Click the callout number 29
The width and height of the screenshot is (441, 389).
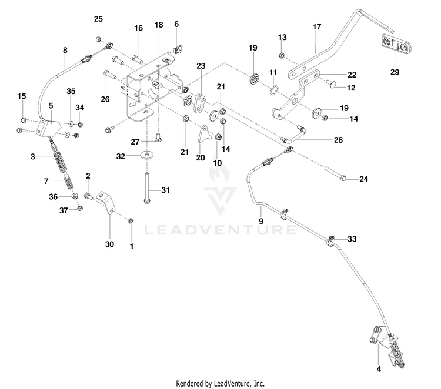click(395, 72)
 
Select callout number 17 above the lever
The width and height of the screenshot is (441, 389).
click(317, 26)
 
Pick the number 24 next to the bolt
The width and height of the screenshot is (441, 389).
click(363, 179)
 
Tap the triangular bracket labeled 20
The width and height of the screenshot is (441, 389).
click(203, 135)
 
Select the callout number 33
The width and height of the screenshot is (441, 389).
click(352, 239)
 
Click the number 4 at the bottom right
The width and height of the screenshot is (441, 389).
click(379, 369)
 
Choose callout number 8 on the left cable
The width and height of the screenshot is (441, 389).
click(65, 51)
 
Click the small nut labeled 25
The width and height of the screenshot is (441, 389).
click(98, 38)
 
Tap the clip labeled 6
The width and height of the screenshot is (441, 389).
click(177, 51)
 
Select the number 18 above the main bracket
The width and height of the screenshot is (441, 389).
click(159, 25)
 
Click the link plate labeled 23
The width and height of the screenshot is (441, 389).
click(200, 103)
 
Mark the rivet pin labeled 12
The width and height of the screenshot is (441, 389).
click(330, 83)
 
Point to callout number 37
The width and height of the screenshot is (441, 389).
click(64, 210)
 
